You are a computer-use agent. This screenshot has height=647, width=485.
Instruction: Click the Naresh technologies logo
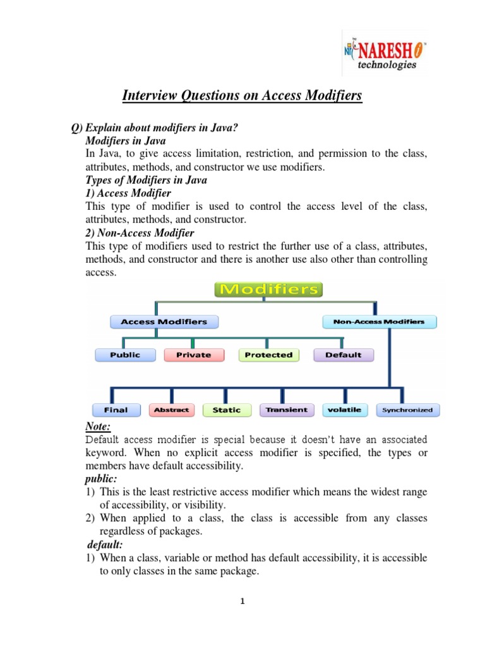coord(383,54)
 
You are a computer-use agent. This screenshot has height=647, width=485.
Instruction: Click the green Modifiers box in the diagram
coord(269,290)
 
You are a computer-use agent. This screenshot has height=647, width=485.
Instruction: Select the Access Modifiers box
coord(164,322)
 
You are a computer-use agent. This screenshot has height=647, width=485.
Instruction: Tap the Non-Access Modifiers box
coord(379,322)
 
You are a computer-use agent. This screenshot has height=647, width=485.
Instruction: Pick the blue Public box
coord(125,355)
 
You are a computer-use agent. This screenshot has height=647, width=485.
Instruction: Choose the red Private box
coord(193,355)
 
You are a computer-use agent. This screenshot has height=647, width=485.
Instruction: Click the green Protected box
coord(268,355)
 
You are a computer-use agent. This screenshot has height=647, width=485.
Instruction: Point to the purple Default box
coord(343,355)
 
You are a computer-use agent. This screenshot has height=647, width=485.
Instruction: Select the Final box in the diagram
coord(116,410)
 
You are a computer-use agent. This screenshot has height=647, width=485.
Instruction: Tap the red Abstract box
coord(171,410)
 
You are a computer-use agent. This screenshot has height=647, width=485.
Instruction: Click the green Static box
coord(226,410)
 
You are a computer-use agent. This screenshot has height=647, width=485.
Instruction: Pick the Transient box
coord(286,410)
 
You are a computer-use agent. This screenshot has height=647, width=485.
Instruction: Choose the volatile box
coord(345,410)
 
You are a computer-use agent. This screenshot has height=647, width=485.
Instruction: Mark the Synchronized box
coord(408,410)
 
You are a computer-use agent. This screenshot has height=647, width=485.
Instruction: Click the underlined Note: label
coord(98,427)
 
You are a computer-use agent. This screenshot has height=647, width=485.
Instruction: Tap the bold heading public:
coord(100,480)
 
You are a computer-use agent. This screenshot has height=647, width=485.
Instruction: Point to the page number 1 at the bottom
coord(242,602)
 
